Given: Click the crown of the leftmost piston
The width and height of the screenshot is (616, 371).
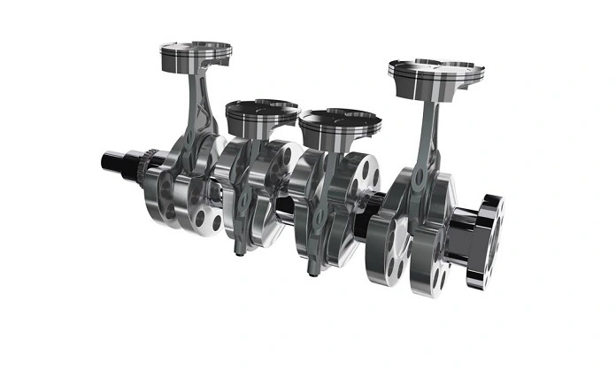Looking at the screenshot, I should click(x=196, y=47).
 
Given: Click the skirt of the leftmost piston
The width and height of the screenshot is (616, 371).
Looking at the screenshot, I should click(x=195, y=64).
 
